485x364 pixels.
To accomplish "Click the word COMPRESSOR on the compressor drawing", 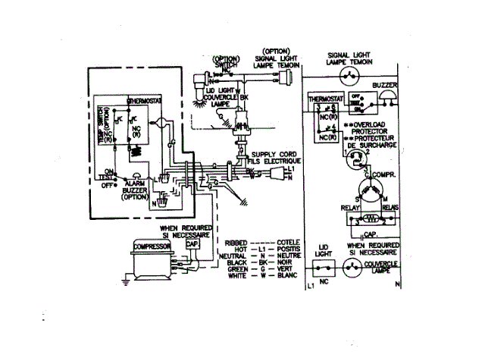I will click(x=150, y=246).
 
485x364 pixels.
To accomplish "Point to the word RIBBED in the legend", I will click(x=237, y=242).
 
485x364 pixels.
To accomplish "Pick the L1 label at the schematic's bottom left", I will click(x=311, y=287).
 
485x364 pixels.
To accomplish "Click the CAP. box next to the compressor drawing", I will click(x=192, y=245).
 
